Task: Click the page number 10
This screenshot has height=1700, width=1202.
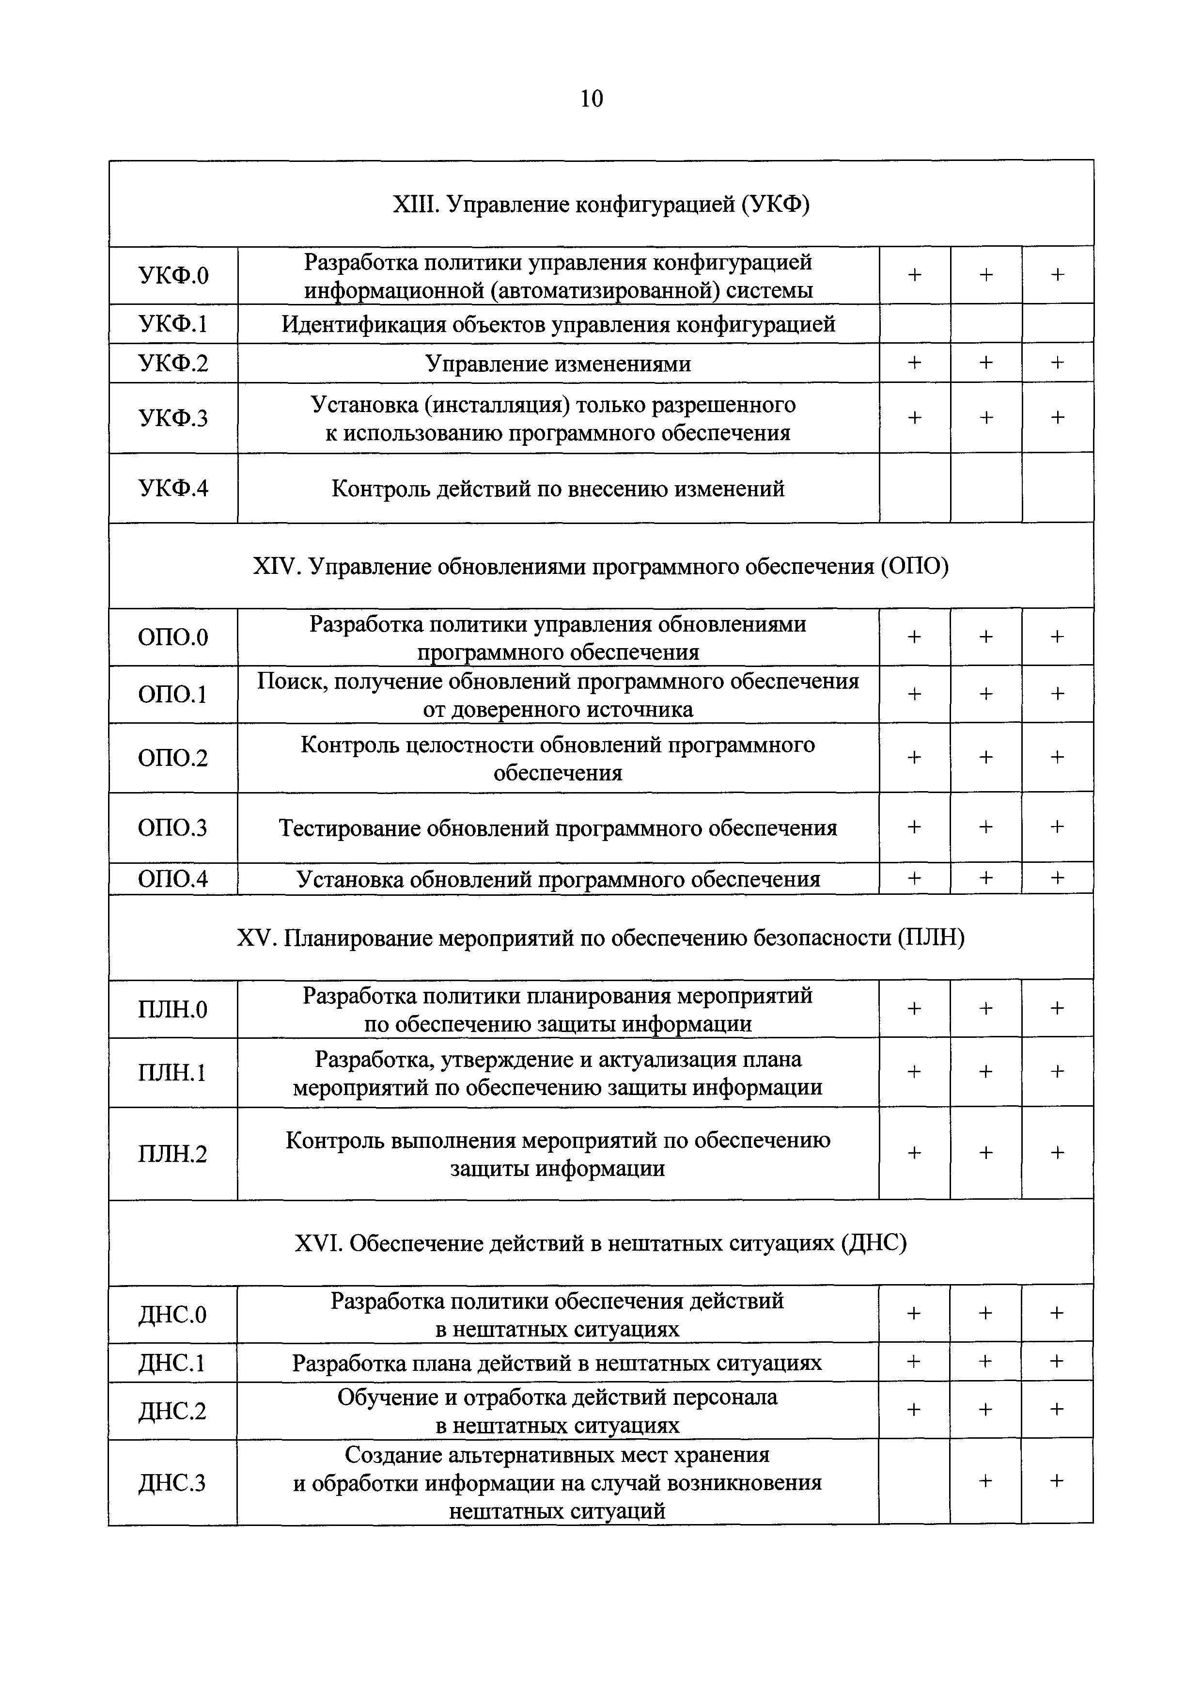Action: [592, 98]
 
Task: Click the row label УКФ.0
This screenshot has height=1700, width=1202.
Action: [173, 275]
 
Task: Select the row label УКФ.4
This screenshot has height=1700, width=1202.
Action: [173, 489]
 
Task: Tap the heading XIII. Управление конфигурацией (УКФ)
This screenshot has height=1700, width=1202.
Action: [600, 204]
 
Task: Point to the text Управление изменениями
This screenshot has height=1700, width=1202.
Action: [558, 364]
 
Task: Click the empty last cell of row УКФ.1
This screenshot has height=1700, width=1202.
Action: [1057, 323]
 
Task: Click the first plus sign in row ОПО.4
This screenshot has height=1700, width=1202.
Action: [914, 878]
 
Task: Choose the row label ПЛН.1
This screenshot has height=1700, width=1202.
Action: [172, 1073]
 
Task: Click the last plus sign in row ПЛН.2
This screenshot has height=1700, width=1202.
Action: [1057, 1153]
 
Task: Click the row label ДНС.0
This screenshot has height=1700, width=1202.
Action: [172, 1314]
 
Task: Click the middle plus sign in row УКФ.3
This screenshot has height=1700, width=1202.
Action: [986, 417]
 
